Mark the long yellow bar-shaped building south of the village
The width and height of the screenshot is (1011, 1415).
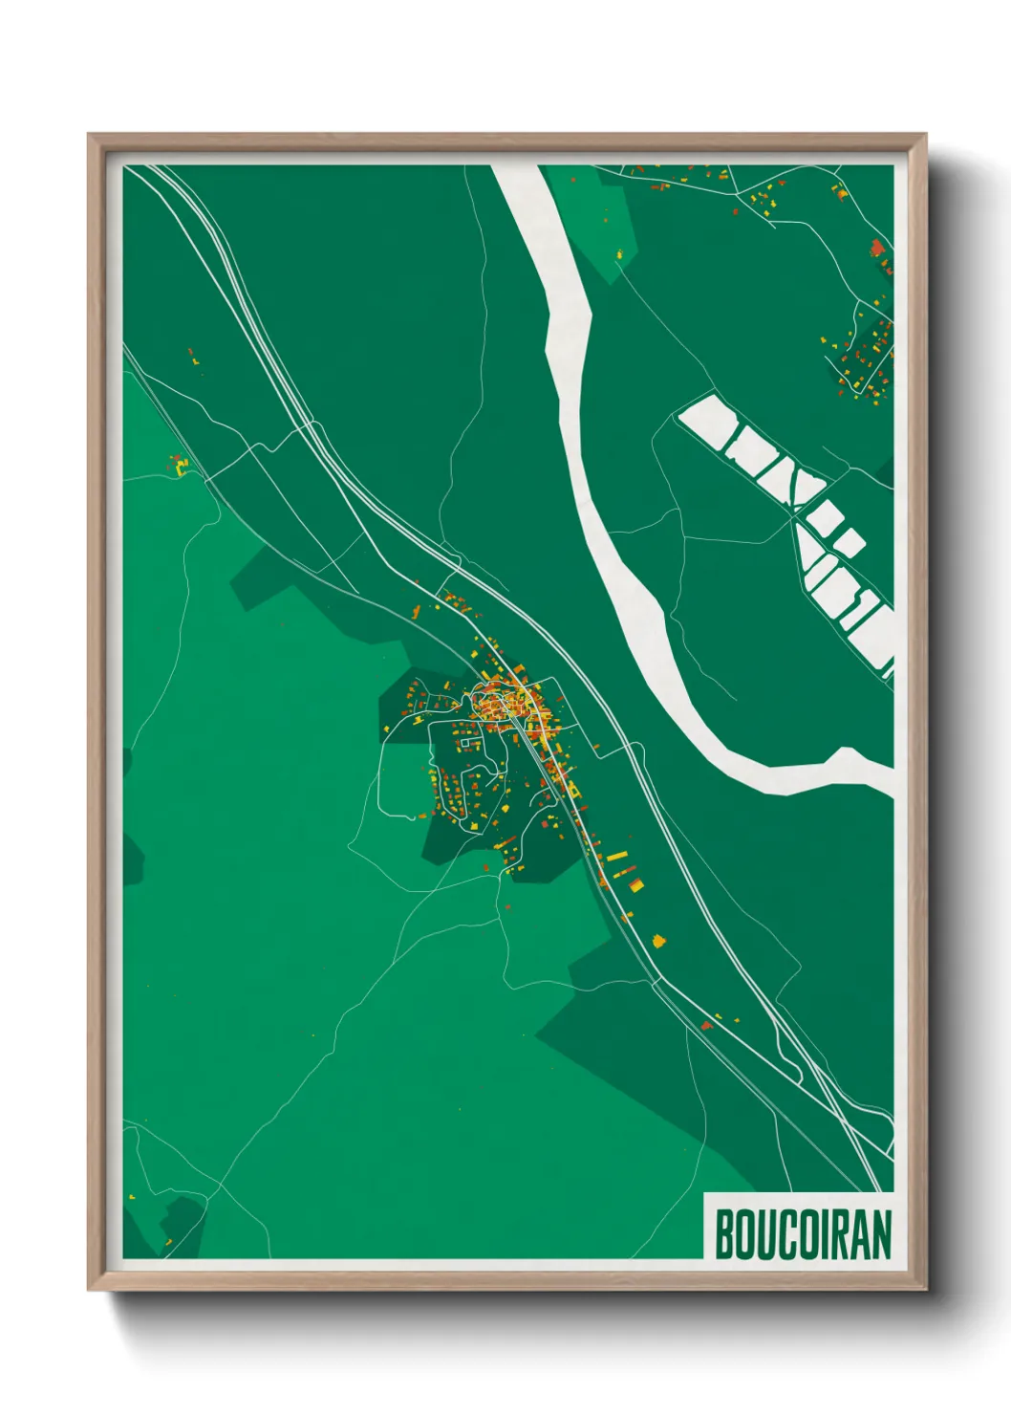point(617,856)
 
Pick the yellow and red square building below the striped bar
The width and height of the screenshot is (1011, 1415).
point(635,885)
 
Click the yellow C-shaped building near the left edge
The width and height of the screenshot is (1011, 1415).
point(181,466)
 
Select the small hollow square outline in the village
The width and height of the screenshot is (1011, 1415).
point(466,742)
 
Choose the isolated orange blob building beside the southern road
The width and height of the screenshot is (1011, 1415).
point(658,941)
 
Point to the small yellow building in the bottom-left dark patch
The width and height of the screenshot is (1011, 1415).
point(168,1242)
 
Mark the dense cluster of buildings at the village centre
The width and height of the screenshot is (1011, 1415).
point(506,706)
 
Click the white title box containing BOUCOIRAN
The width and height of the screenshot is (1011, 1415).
point(799,1226)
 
